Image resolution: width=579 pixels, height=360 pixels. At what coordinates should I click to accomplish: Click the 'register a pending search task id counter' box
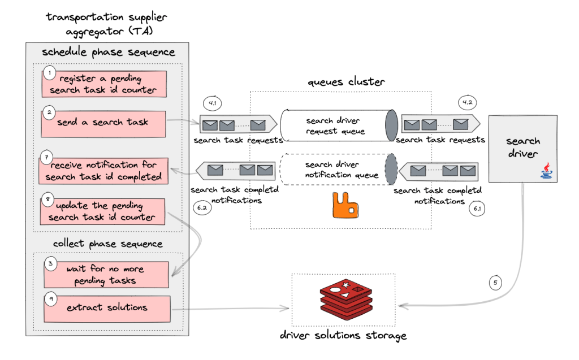[104, 84]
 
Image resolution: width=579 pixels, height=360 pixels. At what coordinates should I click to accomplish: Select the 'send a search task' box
[103, 123]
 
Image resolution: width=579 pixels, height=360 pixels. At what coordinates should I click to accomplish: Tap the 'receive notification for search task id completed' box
[103, 171]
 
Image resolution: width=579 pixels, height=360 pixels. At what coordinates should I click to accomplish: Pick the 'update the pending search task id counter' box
[103, 211]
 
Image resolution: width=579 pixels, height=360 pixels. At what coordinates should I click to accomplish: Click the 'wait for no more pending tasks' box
[107, 274]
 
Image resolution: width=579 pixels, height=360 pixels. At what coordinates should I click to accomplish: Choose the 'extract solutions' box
[107, 308]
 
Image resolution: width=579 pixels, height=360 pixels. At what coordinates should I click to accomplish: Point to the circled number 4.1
[213, 105]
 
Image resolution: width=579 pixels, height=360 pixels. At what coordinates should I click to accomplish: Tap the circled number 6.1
[478, 208]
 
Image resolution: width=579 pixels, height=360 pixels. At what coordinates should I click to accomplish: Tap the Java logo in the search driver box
[546, 170]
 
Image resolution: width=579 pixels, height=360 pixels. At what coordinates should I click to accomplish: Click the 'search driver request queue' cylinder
[338, 125]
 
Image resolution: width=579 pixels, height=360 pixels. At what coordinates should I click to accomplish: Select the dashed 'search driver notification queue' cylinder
[338, 169]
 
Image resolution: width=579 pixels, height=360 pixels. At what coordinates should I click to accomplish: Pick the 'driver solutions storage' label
[343, 336]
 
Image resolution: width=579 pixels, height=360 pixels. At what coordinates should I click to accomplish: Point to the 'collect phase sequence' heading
[107, 244]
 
